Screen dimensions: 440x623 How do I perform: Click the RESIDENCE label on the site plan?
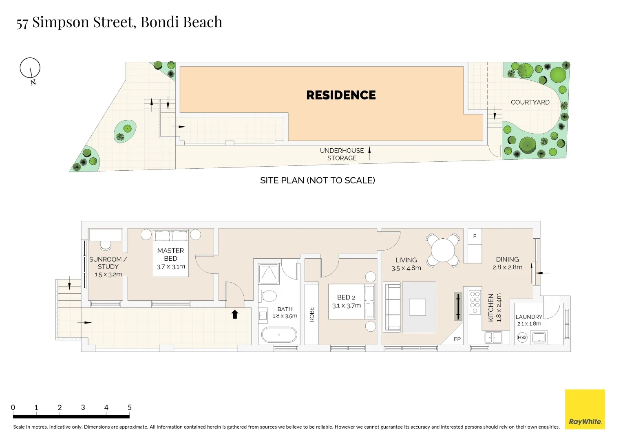(x=341, y=95)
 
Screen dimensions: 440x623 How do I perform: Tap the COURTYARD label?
(x=530, y=102)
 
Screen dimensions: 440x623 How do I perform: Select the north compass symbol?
(x=30, y=68)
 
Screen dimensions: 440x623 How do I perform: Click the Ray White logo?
(x=585, y=409)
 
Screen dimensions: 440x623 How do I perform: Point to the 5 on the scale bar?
(x=130, y=407)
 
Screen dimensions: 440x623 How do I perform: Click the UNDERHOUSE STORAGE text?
(x=342, y=154)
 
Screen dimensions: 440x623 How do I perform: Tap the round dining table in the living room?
(x=443, y=250)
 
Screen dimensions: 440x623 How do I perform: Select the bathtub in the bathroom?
(x=279, y=334)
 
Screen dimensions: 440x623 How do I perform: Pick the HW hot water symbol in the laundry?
(x=522, y=337)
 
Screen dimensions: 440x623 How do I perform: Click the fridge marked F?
(x=475, y=236)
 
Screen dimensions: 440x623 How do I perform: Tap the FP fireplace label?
(x=457, y=339)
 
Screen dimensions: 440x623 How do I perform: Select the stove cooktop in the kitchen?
(x=475, y=302)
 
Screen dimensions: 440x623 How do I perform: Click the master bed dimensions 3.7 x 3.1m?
(x=171, y=266)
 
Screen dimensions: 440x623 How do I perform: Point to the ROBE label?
(x=312, y=315)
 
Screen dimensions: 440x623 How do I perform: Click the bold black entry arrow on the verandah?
(x=235, y=314)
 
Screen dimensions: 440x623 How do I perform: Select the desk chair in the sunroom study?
(x=106, y=245)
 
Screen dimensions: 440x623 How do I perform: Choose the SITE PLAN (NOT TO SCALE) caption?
(x=317, y=180)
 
